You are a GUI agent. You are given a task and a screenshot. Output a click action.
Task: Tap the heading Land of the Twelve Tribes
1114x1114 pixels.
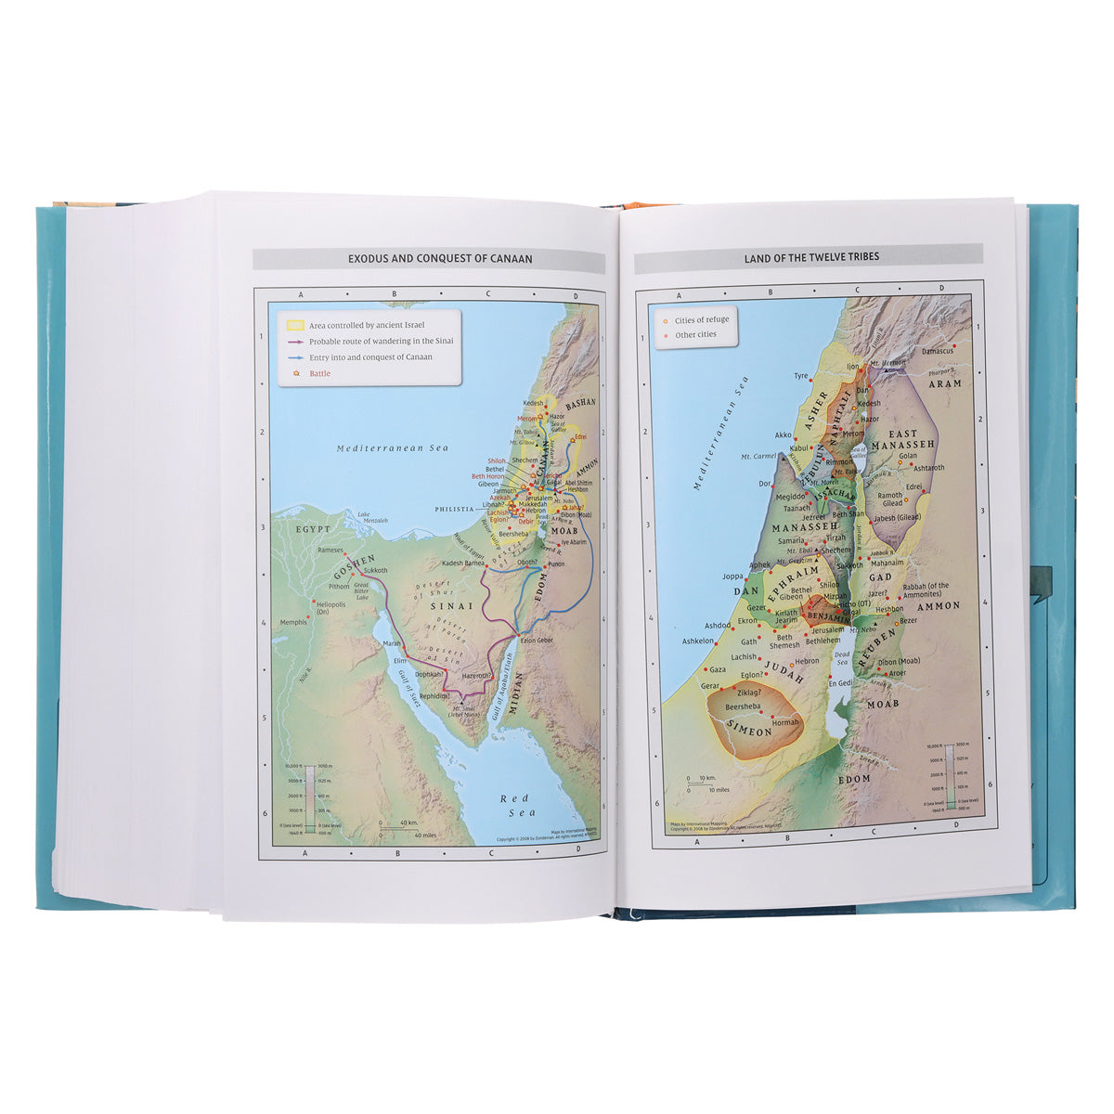pos(811,257)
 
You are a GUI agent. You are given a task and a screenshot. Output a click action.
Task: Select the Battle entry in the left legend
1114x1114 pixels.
pos(319,373)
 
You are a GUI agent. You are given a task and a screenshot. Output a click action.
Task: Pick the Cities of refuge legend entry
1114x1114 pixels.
pos(701,319)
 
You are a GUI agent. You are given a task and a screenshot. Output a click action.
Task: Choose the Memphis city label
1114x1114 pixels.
pos(293,622)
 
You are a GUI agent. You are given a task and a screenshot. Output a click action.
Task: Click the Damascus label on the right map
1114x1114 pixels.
pos(938,351)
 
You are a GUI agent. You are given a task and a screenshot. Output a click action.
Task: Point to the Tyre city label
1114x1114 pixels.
pos(801,376)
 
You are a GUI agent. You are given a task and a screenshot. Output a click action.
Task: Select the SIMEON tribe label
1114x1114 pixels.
pos(748,731)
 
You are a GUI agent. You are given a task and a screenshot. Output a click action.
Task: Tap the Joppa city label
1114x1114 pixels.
pos(733,576)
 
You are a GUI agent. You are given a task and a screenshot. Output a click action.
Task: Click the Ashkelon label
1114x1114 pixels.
pos(698,641)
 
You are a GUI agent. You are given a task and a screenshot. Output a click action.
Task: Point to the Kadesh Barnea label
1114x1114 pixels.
pos(463,563)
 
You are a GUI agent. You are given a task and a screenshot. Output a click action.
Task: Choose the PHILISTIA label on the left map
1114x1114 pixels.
pos(455,509)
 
